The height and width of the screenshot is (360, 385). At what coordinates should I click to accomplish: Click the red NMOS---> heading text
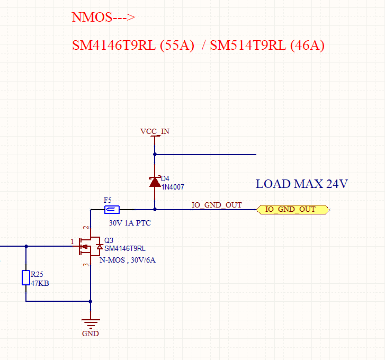103,17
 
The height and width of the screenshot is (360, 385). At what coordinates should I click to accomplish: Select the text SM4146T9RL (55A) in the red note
133,46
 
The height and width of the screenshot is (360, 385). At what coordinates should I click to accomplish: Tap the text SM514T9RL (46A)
267,46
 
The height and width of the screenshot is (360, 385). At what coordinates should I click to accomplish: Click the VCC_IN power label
155,131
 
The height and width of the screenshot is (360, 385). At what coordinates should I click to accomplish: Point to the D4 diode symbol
155,182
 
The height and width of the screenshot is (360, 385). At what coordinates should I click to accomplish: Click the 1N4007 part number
173,187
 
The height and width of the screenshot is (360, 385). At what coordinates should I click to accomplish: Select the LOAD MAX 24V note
301,184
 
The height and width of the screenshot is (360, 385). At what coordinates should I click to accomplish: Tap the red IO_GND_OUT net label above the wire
217,205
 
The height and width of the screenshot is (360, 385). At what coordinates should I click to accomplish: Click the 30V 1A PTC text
130,223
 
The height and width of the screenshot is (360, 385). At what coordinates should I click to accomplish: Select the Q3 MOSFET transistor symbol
87,246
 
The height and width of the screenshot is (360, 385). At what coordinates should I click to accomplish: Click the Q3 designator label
109,240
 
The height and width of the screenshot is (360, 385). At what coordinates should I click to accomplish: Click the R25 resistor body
26,278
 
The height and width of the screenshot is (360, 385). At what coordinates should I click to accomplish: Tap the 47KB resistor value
40,283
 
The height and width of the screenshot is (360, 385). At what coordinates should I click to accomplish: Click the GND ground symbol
91,322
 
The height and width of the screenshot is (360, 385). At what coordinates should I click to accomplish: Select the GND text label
91,334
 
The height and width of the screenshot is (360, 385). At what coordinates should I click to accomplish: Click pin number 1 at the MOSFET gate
73,242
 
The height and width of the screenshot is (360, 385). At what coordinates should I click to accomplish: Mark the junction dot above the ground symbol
91,301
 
